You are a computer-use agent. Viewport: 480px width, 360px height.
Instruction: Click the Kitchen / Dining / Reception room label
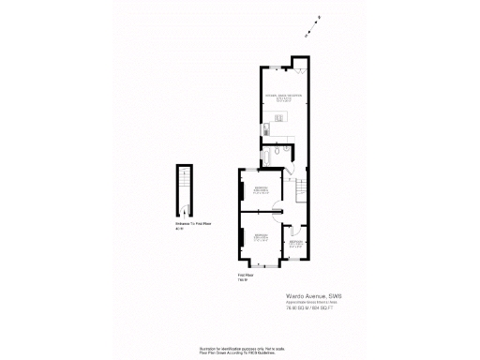282,96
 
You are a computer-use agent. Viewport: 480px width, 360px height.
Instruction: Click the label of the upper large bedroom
261,191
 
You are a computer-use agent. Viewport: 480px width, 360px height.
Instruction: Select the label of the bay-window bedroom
262,236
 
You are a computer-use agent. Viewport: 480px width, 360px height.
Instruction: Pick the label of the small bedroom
295,244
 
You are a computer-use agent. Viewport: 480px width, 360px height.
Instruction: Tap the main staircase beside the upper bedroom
301,192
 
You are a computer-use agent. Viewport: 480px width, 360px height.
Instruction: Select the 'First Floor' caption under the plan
247,275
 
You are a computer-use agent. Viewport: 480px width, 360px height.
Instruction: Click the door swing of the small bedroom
292,230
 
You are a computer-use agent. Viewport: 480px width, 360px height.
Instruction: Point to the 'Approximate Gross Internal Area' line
307,302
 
